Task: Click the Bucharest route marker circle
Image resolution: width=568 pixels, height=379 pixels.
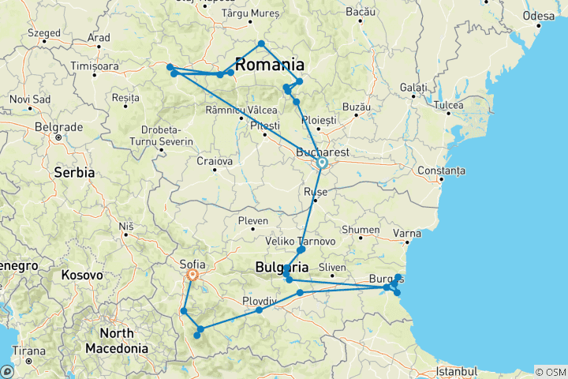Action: pos(322,163)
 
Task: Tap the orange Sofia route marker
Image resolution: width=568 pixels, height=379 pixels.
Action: pos(192,276)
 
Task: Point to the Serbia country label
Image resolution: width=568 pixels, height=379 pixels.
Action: pos(74,171)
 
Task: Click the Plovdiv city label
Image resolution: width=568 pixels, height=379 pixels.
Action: pos(259,301)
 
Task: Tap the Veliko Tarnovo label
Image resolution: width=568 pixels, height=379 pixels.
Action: pos(302,241)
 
